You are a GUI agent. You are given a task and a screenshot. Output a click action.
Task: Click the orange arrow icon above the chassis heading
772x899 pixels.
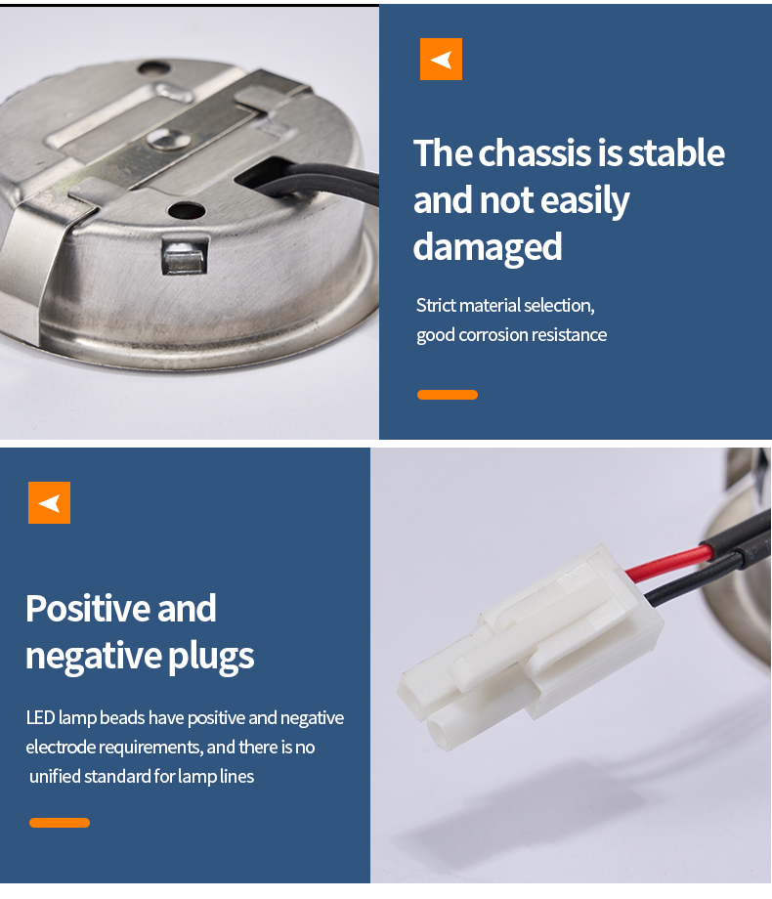(441, 59)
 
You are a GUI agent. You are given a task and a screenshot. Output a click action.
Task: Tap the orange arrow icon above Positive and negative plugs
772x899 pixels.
(49, 503)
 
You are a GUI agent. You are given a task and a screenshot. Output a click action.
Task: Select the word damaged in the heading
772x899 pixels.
(488, 247)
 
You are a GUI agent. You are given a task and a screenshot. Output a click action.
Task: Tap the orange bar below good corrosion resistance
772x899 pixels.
(448, 395)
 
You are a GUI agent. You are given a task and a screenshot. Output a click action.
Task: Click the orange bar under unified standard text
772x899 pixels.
(60, 823)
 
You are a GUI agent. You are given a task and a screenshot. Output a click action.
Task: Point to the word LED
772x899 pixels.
(40, 718)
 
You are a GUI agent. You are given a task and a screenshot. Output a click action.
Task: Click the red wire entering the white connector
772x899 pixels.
(669, 563)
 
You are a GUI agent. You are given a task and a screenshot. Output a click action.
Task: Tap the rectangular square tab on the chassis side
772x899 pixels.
(185, 257)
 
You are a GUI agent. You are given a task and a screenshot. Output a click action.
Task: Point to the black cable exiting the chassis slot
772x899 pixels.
(322, 183)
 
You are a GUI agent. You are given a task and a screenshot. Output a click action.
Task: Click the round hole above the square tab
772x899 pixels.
(187, 210)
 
